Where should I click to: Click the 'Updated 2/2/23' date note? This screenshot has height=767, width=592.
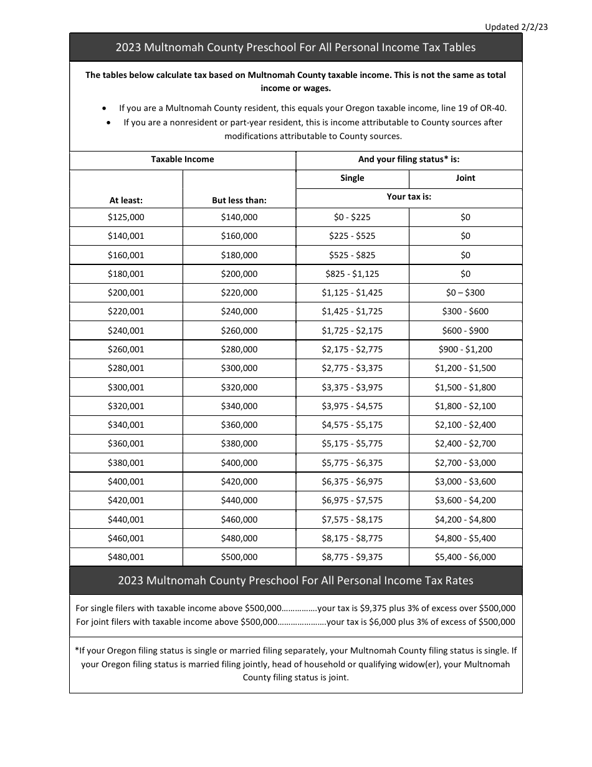click(516, 27)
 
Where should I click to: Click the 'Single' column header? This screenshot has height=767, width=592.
click(352, 178)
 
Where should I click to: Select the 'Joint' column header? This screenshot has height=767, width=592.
click(465, 178)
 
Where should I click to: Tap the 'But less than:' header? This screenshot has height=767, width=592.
click(239, 201)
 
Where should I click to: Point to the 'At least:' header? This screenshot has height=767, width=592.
click(126, 201)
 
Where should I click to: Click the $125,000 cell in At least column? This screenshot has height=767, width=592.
click(126, 217)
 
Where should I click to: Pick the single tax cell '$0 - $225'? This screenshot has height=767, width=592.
click(352, 217)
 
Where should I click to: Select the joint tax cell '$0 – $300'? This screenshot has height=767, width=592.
click(465, 292)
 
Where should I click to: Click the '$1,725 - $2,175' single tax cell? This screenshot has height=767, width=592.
click(352, 330)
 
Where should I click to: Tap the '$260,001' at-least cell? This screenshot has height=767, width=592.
click(126, 349)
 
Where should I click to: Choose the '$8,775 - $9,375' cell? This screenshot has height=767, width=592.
click(352, 557)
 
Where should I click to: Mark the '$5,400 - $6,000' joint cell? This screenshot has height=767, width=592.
click(465, 557)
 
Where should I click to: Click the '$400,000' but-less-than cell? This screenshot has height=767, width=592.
click(239, 463)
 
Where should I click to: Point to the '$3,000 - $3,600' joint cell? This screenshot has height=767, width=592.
click(465, 481)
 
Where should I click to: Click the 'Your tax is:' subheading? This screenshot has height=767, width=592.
click(409, 196)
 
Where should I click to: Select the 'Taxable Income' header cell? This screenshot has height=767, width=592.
click(182, 160)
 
